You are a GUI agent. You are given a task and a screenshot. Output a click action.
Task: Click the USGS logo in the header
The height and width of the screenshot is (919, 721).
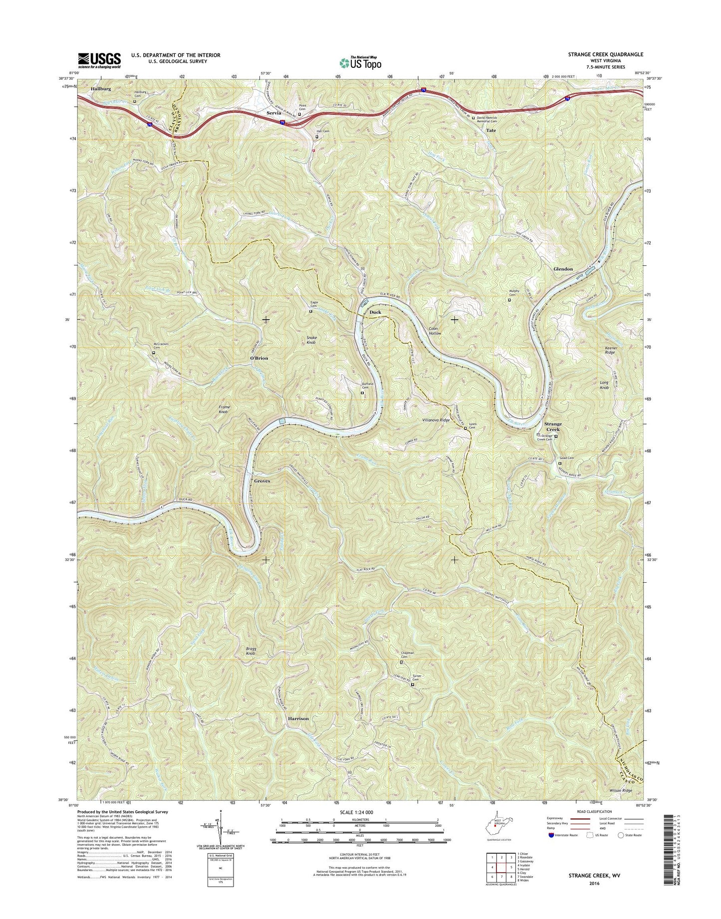pyautogui.click(x=99, y=60)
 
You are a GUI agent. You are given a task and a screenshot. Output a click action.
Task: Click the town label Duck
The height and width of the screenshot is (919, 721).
pyautogui.click(x=375, y=312)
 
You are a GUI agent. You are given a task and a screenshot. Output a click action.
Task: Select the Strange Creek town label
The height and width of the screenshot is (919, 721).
pyautogui.click(x=552, y=427)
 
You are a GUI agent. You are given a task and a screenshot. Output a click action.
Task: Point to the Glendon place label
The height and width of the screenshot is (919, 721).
pyautogui.click(x=563, y=269)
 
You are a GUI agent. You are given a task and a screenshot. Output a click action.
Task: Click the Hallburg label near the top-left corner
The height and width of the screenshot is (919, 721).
pyautogui.click(x=101, y=88)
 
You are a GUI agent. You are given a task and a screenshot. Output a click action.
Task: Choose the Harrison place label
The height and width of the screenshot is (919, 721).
pyautogui.click(x=298, y=719)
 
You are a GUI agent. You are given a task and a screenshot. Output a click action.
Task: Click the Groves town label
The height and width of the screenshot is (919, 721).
pyautogui.click(x=262, y=481)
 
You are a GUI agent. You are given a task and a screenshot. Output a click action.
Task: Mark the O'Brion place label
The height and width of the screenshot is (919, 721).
pyautogui.click(x=259, y=358)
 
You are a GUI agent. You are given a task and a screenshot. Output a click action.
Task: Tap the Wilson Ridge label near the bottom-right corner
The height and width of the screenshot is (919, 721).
pyautogui.click(x=621, y=805)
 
